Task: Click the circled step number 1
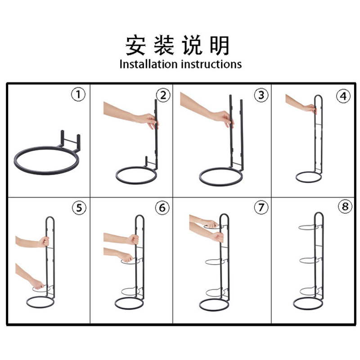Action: coord(78,94)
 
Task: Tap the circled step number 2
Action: coord(163,95)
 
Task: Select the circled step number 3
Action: coord(261,95)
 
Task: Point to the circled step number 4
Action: coord(343,96)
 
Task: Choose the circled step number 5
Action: coord(79,208)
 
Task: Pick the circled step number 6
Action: coord(162,208)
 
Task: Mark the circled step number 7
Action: coord(261,207)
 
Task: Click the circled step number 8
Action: coord(345,207)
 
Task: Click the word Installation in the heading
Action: coord(149,64)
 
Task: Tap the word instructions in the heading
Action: coord(211,64)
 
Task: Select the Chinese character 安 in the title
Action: coord(135,45)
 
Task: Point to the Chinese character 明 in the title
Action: coord(220,45)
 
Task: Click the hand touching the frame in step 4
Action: coord(310,108)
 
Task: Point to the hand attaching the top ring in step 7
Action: coord(210,224)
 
